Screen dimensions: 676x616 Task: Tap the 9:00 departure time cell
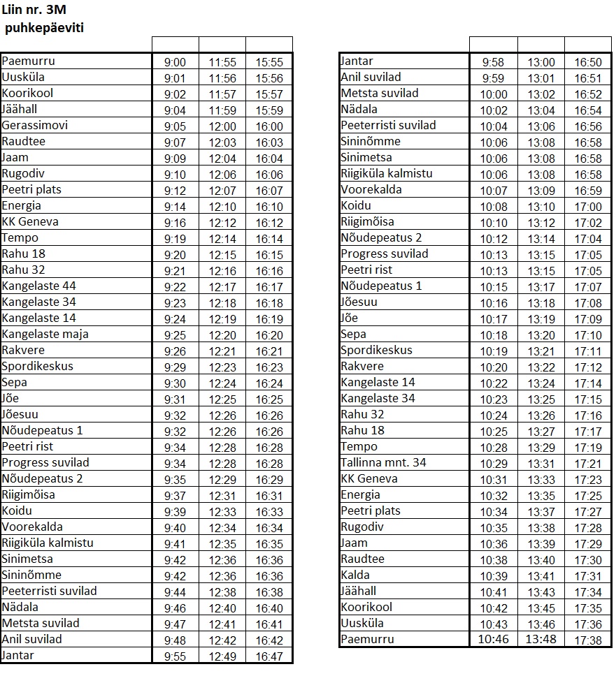tap(175, 62)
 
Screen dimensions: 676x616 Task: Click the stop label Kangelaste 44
tap(38, 286)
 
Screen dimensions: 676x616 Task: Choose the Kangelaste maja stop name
tap(45, 334)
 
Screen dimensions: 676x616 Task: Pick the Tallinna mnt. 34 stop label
tap(383, 462)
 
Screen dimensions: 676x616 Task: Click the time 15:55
tap(269, 62)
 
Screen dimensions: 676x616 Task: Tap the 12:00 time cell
tap(222, 126)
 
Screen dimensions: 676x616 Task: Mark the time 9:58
tap(493, 62)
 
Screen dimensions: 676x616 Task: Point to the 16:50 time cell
tap(587, 62)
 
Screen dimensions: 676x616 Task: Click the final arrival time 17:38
tap(587, 640)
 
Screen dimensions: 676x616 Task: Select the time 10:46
tap(493, 640)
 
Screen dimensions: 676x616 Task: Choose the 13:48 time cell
tap(541, 640)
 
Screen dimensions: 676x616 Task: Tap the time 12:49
tap(222, 656)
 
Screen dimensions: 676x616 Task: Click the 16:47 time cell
tap(269, 656)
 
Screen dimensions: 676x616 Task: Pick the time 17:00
tap(587, 207)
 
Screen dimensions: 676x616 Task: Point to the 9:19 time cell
tap(175, 238)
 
